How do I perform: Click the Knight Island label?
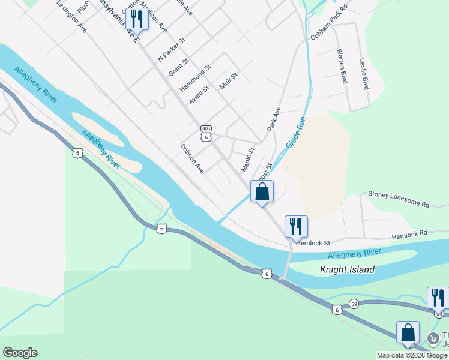pos(347,269)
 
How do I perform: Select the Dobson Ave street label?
pos(192,158)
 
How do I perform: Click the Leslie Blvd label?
pos(363,74)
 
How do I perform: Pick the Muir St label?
pos(229,80)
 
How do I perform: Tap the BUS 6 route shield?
pos(206,133)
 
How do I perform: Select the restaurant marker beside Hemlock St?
pos(296,226)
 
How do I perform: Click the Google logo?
pos(20,353)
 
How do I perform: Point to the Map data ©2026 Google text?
pos(412,355)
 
